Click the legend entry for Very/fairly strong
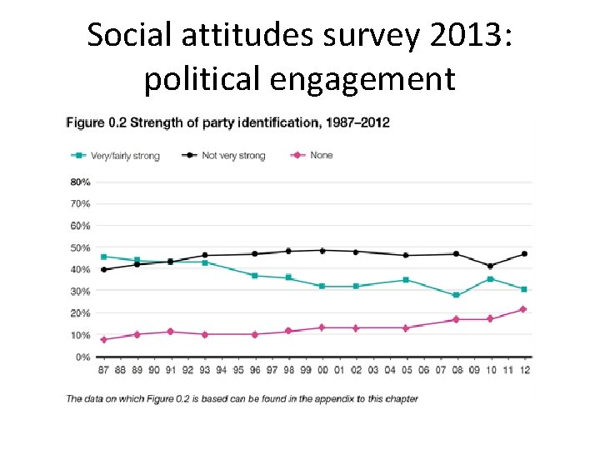click(122, 156)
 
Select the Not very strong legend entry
click(229, 156)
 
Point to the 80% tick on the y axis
click(80, 182)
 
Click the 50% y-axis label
click(80, 247)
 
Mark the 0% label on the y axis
click(82, 357)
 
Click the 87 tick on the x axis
click(103, 370)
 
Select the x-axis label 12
click(523, 370)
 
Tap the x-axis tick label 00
click(322, 370)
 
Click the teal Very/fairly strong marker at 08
click(456, 295)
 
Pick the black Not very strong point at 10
click(490, 266)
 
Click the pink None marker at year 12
click(523, 309)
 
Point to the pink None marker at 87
click(103, 340)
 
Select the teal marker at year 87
click(103, 257)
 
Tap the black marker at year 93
click(204, 255)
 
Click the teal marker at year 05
click(406, 280)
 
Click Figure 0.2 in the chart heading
click(97, 122)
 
